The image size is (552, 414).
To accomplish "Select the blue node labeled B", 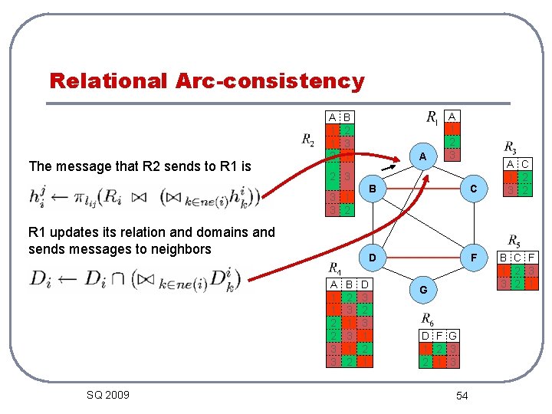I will tap(372, 189).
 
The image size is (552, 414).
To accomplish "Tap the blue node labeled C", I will tap(473, 189).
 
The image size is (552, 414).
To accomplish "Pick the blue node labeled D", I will tap(372, 258).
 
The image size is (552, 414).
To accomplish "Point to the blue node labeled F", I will tap(473, 258).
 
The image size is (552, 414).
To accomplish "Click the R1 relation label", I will tap(432, 118).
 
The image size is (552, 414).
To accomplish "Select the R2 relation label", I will tap(308, 140).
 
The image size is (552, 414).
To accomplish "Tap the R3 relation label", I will tap(510, 146).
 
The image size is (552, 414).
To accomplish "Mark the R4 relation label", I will tap(335, 268).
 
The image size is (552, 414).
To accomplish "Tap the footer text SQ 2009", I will tap(108, 395).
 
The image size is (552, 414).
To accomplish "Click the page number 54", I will tap(462, 395).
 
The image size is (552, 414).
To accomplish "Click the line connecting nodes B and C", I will tap(422, 189).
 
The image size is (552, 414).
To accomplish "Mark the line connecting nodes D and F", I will tap(422, 258).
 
